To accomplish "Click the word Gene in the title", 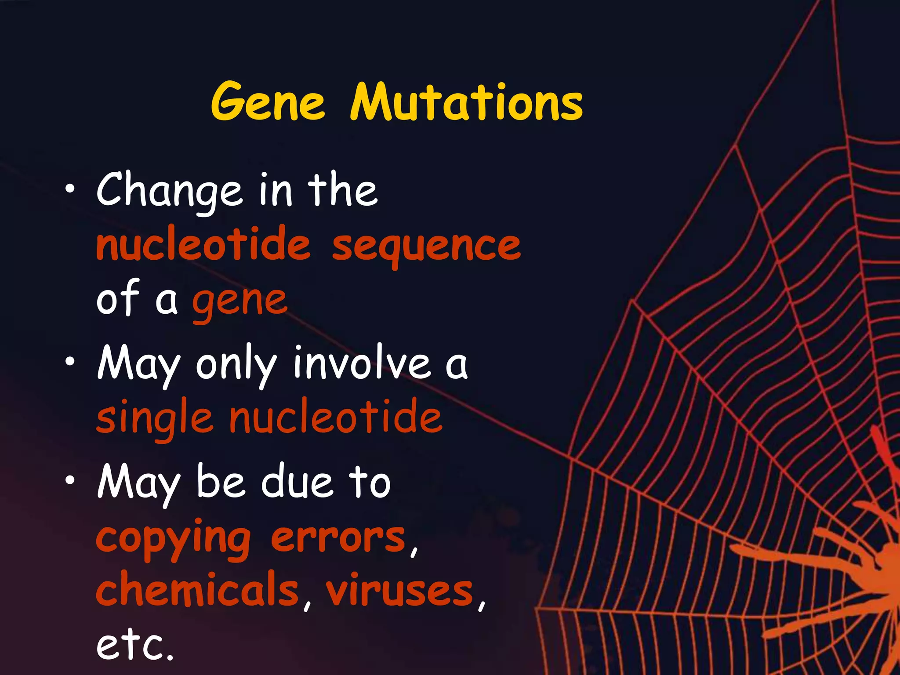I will (x=268, y=102).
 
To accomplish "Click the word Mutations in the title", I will (x=466, y=102).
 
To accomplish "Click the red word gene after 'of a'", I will (x=240, y=301).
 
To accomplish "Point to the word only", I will (x=236, y=365).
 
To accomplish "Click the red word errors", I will (x=338, y=538).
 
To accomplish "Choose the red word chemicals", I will (x=197, y=589).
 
